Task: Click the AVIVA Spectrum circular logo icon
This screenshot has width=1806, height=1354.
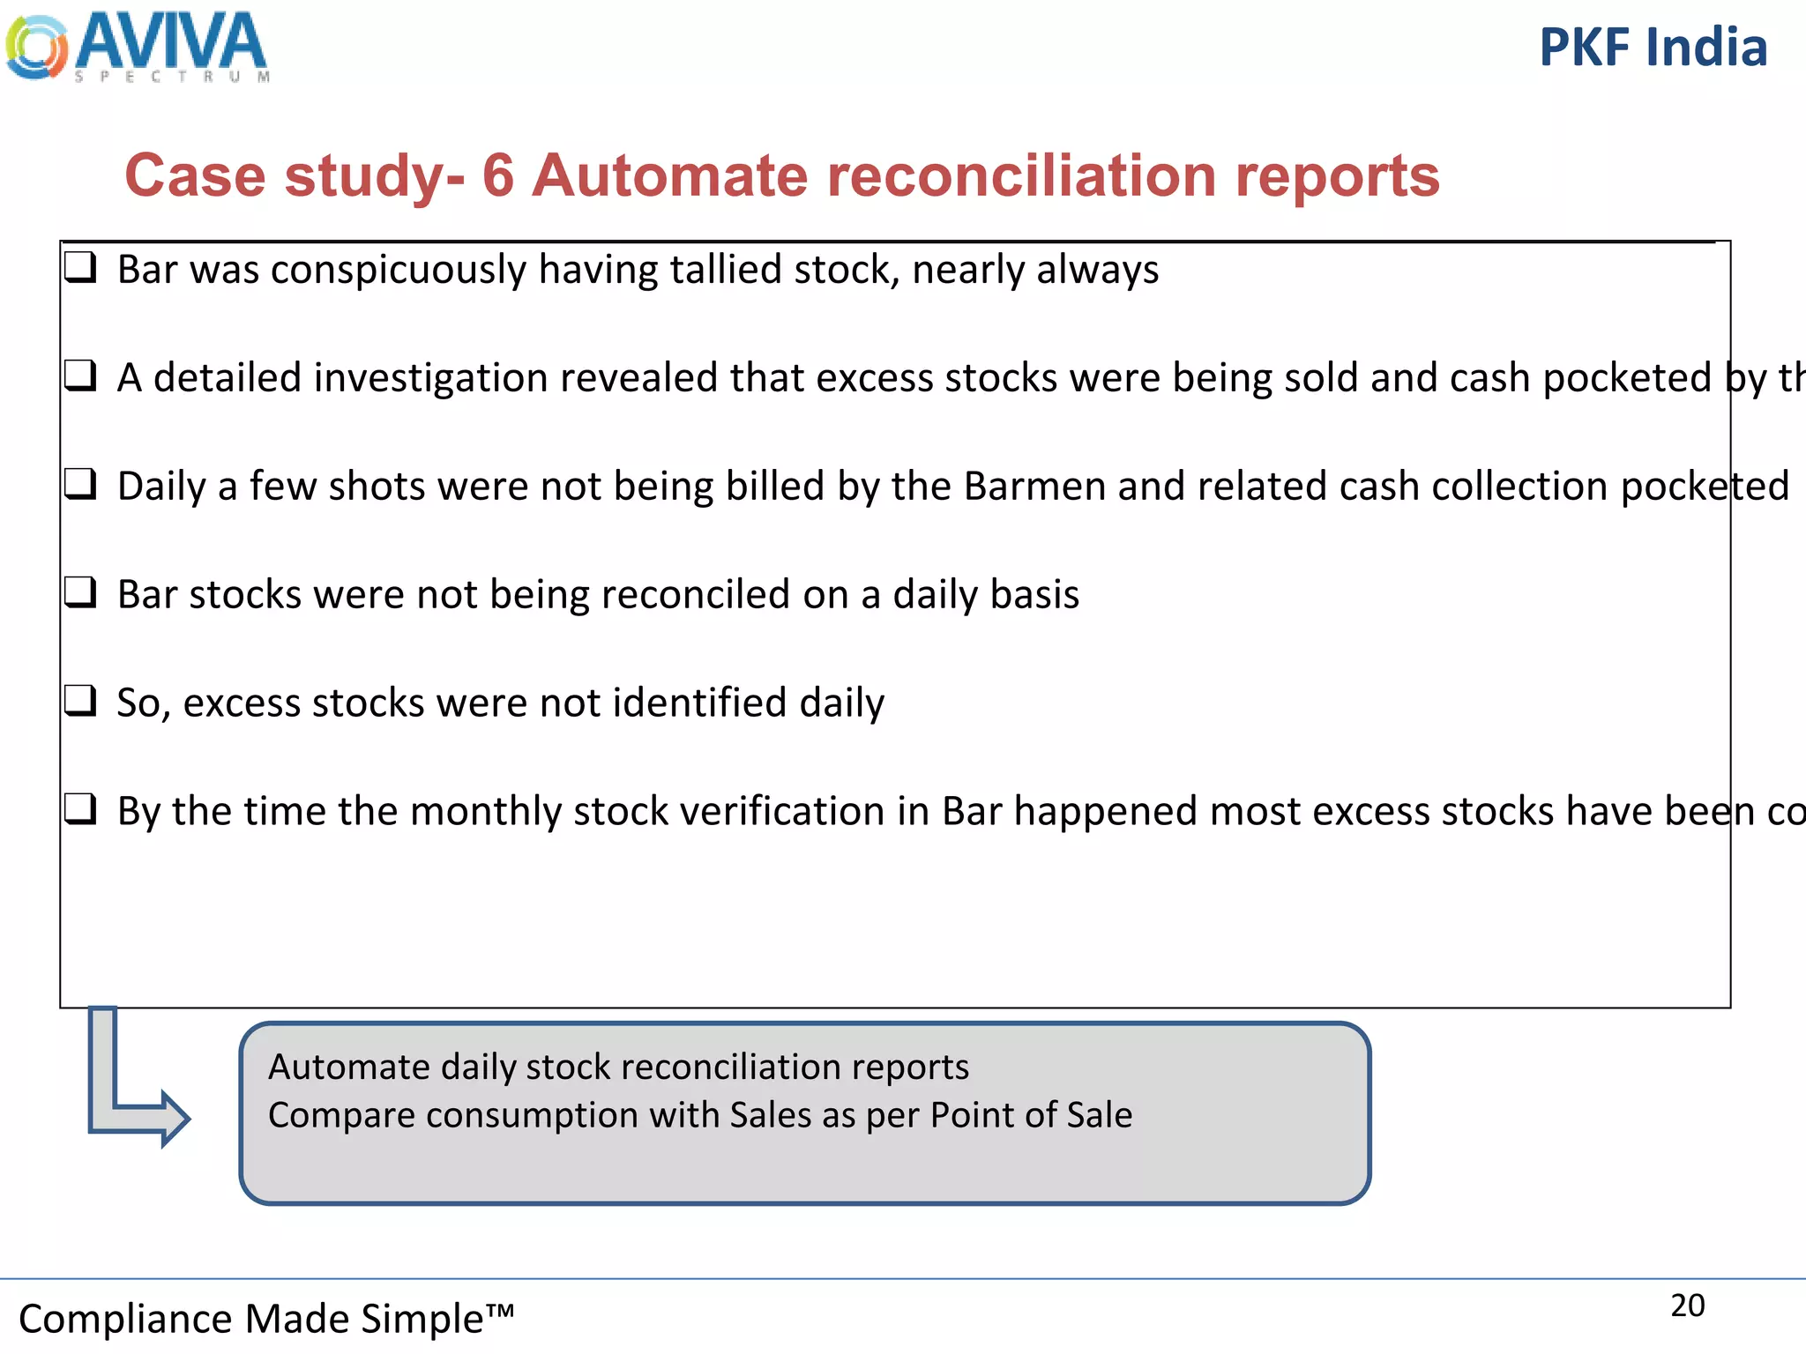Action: pos(36,48)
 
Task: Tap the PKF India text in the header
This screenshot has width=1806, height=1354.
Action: pos(1653,48)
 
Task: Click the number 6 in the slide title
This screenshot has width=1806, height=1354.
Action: pos(498,175)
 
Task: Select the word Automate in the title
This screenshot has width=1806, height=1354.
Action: pos(670,175)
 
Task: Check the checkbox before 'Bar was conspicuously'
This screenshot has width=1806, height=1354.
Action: pos(80,266)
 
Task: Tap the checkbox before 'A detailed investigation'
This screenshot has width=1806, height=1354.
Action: pos(80,376)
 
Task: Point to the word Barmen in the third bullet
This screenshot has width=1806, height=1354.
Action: pos(1034,487)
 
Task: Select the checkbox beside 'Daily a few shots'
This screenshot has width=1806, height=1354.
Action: pos(80,484)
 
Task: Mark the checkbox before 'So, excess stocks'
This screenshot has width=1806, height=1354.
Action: pos(80,701)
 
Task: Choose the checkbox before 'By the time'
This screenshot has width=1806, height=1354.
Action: pos(80,808)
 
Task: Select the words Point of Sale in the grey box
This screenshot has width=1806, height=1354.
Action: pos(1031,1116)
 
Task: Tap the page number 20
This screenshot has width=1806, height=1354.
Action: pos(1687,1306)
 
